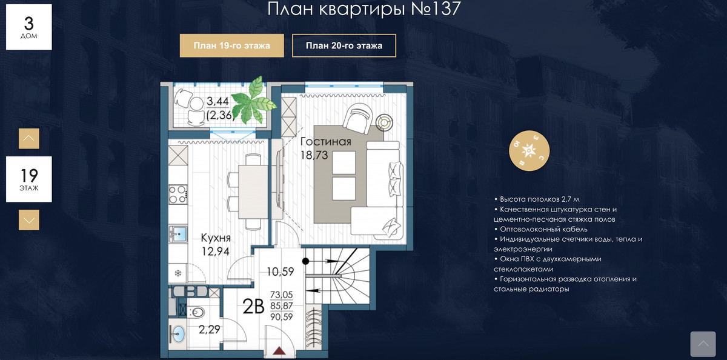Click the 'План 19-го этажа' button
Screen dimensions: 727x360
(231, 45)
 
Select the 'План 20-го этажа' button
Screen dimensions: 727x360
(344, 45)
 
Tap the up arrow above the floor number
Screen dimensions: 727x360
(29, 138)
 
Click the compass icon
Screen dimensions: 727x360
(529, 151)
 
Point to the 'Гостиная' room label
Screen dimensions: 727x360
(325, 142)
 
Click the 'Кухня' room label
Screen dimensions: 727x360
(216, 238)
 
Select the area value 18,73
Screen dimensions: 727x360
(314, 155)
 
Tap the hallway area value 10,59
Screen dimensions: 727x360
(281, 272)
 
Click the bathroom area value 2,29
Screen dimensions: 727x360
(210, 330)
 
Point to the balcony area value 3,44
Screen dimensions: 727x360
(217, 101)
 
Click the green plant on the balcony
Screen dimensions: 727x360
(256, 100)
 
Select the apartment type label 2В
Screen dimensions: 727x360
(253, 307)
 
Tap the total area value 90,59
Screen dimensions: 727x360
(281, 317)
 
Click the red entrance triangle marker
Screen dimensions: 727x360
(279, 350)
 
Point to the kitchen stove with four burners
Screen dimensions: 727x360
(178, 194)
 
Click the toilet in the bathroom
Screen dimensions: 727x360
(197, 313)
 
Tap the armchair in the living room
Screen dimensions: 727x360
(358, 119)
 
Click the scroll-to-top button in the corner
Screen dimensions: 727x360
(703, 344)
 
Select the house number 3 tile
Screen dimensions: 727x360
(29, 27)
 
